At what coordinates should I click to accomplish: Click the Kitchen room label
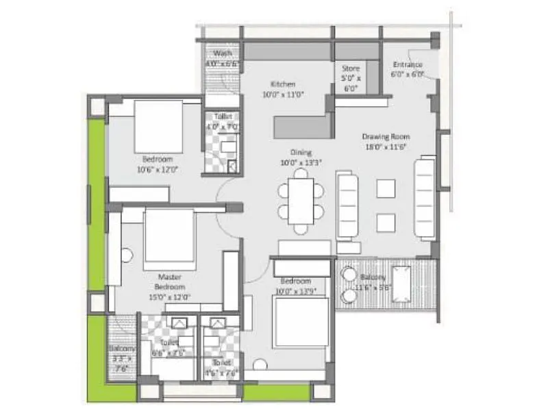282,84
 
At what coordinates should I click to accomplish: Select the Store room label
351,68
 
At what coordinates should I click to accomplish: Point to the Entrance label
406,65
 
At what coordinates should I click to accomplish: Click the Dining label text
301,152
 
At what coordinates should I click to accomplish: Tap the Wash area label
222,54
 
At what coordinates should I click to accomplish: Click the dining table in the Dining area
301,201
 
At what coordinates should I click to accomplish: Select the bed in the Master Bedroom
170,240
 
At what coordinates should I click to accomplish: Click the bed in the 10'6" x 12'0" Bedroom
158,127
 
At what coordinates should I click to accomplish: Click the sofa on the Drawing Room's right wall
425,197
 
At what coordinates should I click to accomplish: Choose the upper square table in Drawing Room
386,188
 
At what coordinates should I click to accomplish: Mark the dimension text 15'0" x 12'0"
169,297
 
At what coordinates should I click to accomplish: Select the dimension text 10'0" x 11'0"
282,96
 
